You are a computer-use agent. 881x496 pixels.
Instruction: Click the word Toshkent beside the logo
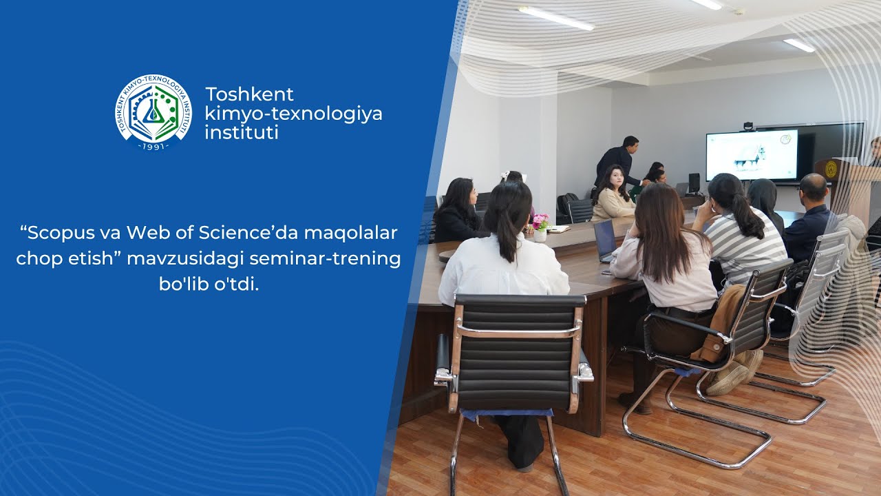(249, 94)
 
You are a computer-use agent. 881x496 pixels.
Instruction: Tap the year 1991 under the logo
(153, 146)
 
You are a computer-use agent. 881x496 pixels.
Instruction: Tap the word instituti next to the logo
(241, 132)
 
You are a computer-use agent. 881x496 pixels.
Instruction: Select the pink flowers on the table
(540, 222)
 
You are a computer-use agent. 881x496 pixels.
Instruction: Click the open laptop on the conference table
(606, 240)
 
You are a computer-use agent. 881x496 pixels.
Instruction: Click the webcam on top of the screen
(749, 126)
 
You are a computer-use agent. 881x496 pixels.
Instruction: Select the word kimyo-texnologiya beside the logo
(293, 113)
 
